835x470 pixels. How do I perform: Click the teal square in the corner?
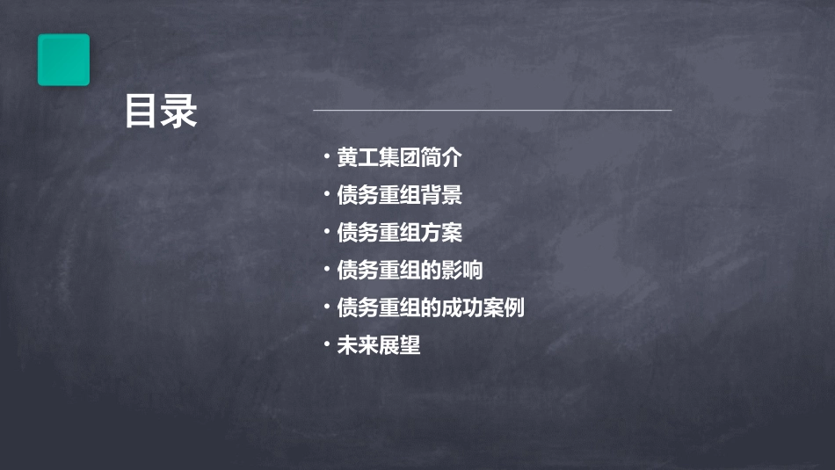point(63,60)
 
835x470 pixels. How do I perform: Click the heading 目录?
point(161,112)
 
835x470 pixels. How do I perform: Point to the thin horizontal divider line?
point(492,111)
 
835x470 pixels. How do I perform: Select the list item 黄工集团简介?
point(399,158)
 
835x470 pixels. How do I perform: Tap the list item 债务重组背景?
point(399,195)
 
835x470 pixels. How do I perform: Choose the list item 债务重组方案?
point(399,233)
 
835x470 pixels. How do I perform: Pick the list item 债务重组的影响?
point(410,271)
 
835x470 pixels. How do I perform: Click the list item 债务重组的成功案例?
point(431,308)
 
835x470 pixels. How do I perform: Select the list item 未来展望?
point(379,345)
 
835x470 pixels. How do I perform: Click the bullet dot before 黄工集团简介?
point(326,158)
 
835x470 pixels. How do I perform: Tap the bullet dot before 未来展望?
point(326,345)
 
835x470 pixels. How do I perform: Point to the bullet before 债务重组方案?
point(326,233)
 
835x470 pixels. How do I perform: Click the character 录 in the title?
point(180,112)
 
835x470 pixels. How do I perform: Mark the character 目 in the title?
point(142,112)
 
